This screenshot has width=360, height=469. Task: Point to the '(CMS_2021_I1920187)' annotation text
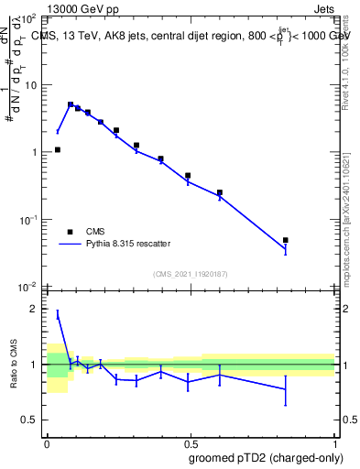pos(191,274)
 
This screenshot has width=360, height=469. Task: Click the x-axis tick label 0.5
pos(191,441)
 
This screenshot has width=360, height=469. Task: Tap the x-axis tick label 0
pos(47,441)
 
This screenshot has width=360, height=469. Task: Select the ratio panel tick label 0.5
pos(31,420)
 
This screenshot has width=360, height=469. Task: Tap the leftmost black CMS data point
pos(57,149)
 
